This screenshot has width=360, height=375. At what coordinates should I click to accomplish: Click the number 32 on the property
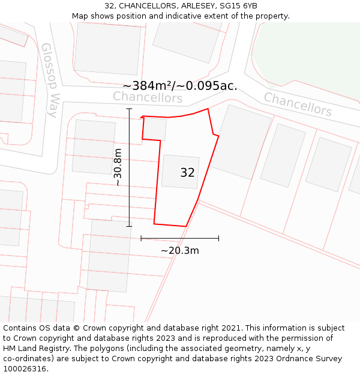click(187, 173)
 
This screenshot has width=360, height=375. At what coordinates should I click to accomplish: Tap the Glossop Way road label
click(53, 80)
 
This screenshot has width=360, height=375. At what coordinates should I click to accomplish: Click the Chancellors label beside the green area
click(298, 104)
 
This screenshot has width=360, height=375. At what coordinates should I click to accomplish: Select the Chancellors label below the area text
click(148, 97)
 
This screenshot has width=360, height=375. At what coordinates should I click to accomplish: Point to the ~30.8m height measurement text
click(118, 167)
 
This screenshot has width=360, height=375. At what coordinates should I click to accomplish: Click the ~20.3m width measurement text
click(180, 251)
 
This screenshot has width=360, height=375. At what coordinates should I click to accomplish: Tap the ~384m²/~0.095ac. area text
click(180, 86)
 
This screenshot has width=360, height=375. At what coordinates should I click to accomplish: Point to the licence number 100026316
click(26, 368)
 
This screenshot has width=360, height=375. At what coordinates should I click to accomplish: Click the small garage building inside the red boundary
click(155, 128)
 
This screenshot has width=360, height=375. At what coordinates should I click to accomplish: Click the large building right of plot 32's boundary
click(243, 142)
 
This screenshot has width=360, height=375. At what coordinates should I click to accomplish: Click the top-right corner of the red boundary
click(208, 109)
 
